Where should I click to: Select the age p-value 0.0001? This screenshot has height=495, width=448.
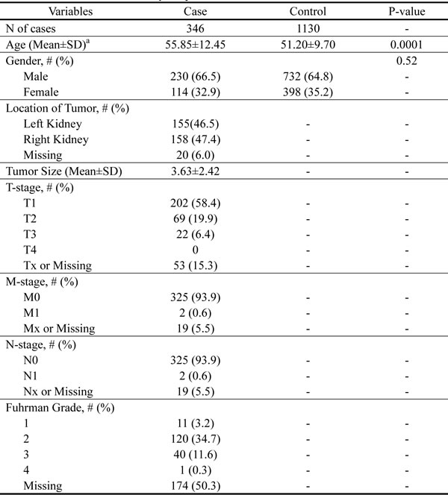pyautogui.click(x=407, y=45)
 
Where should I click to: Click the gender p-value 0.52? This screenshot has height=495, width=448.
pyautogui.click(x=407, y=61)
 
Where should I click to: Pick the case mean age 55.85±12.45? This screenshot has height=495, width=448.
pyautogui.click(x=199, y=45)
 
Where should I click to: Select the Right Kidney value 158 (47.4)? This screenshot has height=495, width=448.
pyautogui.click(x=199, y=139)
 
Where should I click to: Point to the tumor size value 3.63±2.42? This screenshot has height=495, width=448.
pyautogui.click(x=199, y=171)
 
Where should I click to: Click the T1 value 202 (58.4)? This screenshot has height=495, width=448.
pyautogui.click(x=199, y=203)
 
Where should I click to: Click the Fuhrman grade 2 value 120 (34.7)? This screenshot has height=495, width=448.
pyautogui.click(x=199, y=439)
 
